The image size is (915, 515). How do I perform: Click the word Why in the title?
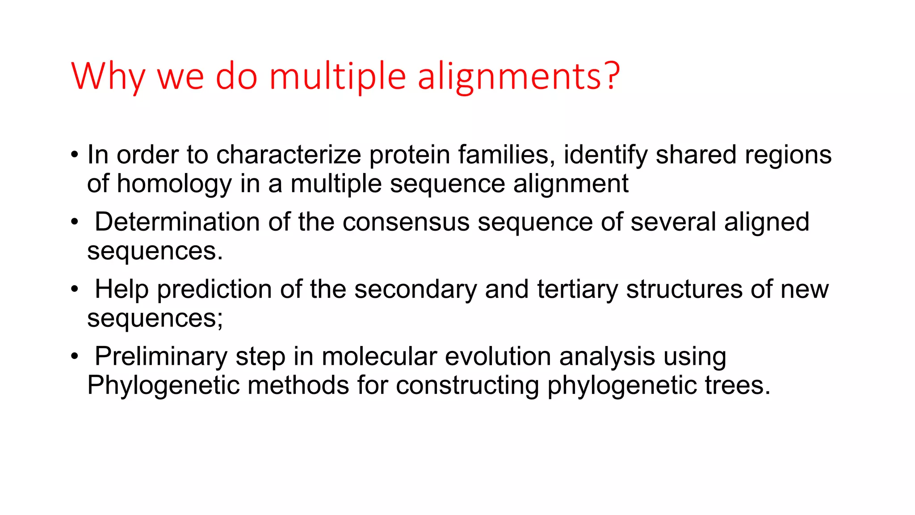coord(108,76)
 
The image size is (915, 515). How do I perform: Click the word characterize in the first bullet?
coord(289,155)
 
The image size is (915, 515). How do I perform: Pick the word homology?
coord(174,184)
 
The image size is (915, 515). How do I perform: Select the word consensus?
coord(406,222)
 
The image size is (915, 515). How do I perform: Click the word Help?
coord(122,289)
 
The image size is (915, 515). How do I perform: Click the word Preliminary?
coord(161,357)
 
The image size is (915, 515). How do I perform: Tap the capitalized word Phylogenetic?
coord(163,386)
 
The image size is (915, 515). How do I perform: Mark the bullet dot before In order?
coord(75,155)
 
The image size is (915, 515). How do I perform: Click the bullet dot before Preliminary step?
coord(75,357)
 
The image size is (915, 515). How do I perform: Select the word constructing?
coord(467,386)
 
